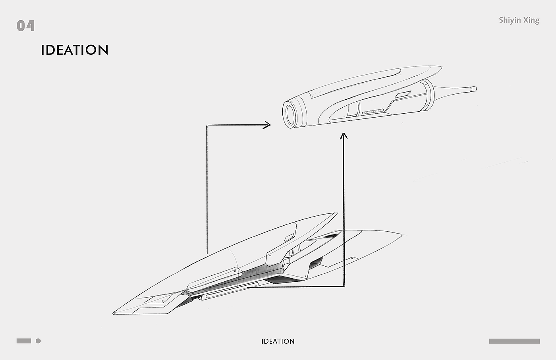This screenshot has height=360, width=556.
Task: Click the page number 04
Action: (x=26, y=26)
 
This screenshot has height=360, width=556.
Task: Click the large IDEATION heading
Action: (x=75, y=50)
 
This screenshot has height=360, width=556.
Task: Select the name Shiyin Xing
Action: (x=519, y=20)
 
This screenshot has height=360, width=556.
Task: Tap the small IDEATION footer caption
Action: (x=278, y=341)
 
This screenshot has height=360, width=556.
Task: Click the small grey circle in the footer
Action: (x=38, y=341)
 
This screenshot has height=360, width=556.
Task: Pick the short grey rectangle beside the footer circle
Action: (x=24, y=341)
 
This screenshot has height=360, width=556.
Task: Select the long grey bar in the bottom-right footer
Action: (x=514, y=341)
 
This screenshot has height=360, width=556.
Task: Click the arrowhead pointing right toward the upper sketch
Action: (x=267, y=125)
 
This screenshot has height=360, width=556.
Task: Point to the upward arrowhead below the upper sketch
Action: (x=344, y=136)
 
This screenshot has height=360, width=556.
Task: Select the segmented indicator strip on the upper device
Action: (x=373, y=112)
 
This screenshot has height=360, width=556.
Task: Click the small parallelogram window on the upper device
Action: (x=403, y=94)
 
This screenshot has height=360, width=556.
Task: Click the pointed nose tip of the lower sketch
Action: (x=114, y=313)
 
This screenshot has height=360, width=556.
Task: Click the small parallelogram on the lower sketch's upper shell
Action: (x=289, y=238)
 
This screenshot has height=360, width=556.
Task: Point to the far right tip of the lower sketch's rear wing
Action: (x=400, y=235)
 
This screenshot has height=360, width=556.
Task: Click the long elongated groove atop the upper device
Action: (x=357, y=82)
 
